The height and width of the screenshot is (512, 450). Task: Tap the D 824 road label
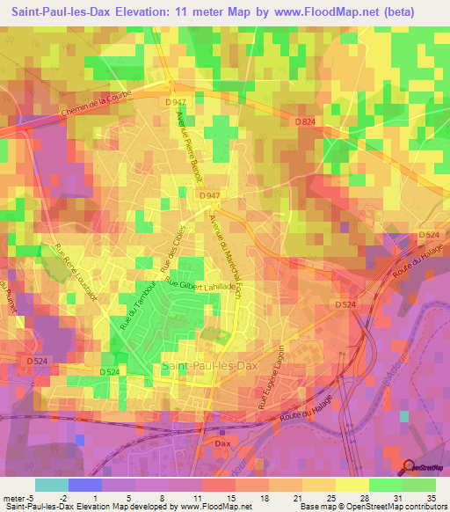point(304,121)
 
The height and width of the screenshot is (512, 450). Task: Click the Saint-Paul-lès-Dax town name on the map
point(203,364)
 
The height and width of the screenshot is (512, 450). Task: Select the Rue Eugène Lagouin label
point(273,373)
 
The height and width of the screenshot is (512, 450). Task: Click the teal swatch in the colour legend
point(50,485)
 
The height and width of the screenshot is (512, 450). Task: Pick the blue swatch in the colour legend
point(83,485)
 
